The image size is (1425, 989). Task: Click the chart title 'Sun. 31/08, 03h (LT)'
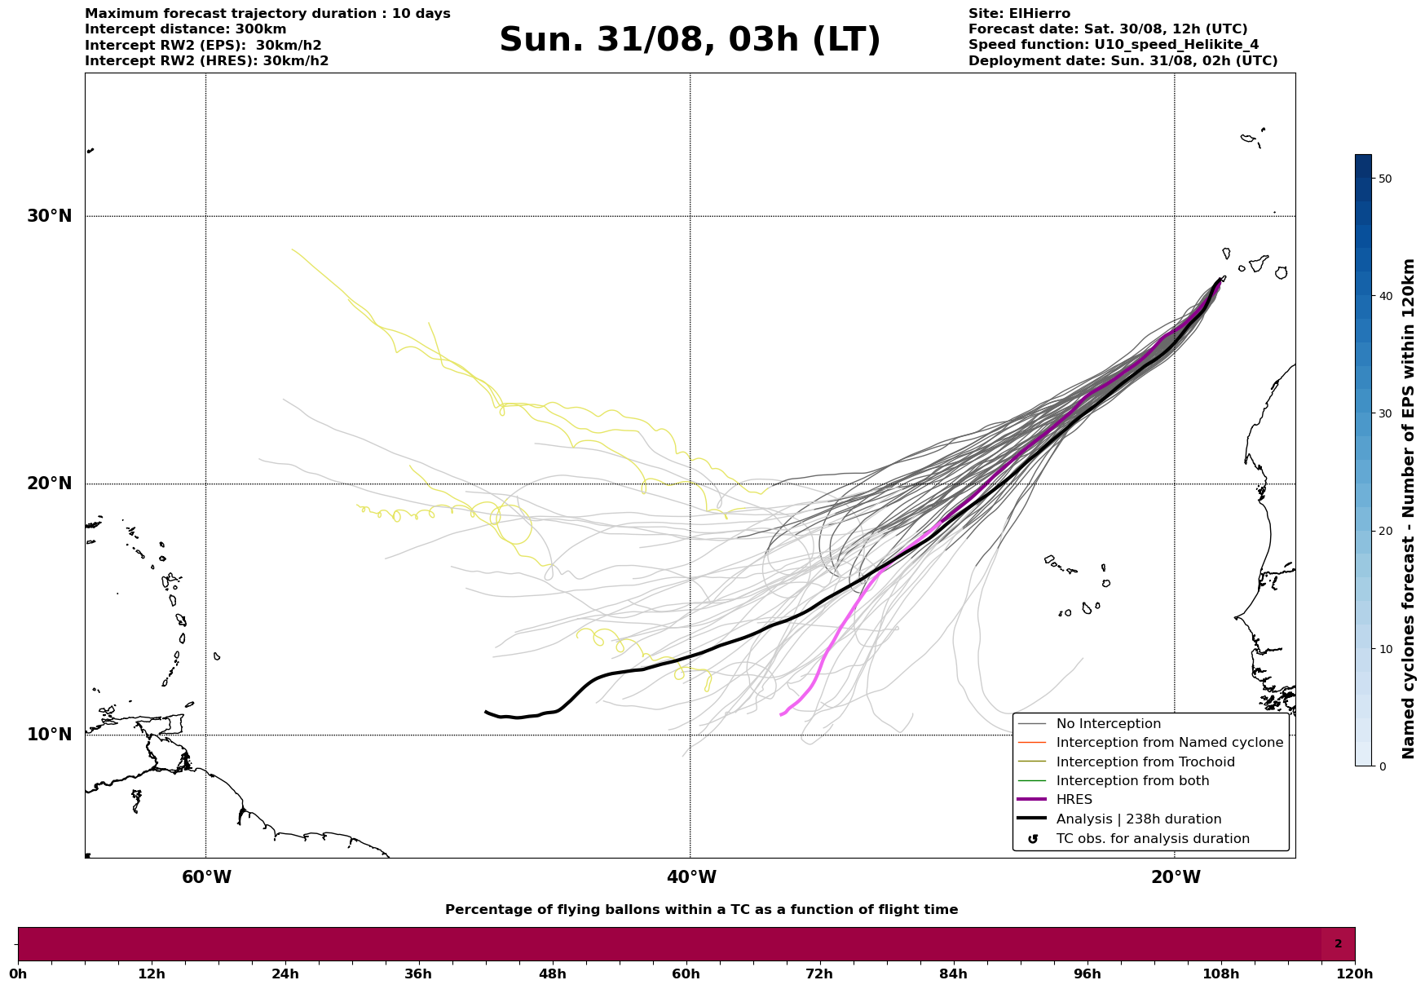690,40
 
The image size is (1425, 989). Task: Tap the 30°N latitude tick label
50,216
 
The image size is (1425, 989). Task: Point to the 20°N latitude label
50,483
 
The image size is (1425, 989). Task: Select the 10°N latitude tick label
50,735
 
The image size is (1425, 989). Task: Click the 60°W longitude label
206,877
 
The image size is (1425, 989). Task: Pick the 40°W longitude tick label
691,877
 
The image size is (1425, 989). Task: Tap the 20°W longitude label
1176,877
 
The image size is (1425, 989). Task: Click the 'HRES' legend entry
1074,800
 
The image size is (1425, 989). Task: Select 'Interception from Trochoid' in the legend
1145,762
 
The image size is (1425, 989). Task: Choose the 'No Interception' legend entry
1108,724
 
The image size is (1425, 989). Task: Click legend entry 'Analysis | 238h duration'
1138,819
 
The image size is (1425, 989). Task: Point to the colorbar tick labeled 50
1384,179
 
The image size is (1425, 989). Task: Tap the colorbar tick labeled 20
1384,532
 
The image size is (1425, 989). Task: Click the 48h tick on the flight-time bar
552,974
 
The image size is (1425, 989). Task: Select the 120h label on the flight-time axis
1354,974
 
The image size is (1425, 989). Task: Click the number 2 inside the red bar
1338,944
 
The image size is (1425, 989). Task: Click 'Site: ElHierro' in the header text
1019,14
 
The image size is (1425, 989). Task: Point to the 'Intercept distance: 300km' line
186,29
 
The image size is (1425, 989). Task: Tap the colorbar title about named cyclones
1408,509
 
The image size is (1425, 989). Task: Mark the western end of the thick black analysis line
487,712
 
